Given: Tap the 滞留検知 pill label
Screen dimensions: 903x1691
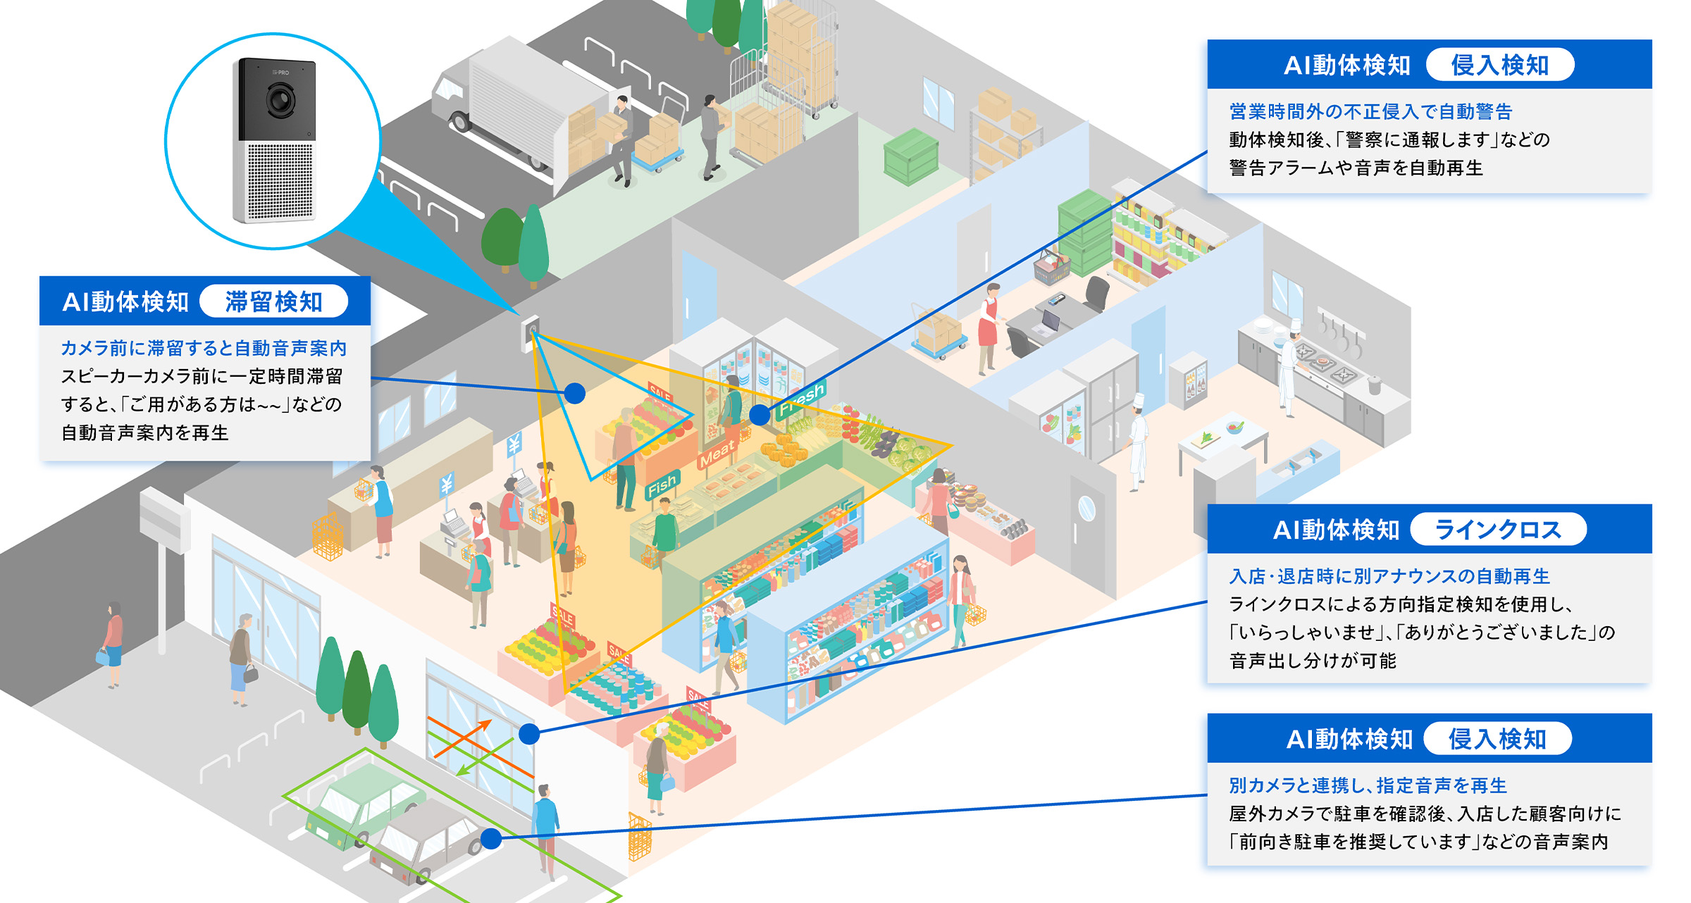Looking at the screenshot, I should pos(273,301).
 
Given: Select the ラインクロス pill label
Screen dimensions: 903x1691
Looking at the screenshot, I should pos(1498,530).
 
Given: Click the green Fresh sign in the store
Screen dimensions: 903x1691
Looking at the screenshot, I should pos(801,400).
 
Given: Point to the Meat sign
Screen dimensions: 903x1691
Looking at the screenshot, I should pos(717,454).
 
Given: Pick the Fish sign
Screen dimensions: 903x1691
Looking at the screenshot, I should pos(662,485).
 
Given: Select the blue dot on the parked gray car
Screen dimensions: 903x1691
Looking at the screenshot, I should pos(491,838).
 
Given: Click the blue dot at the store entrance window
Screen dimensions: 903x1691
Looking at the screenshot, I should pos(529,734).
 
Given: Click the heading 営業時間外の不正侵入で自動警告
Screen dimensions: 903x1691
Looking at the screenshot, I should pos(1370,111).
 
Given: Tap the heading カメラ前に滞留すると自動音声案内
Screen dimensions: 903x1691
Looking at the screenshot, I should pos(204,348).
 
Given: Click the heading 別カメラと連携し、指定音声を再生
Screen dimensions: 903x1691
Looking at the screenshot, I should pos(1368,785).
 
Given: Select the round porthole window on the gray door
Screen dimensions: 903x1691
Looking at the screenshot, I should pos(1086,508).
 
